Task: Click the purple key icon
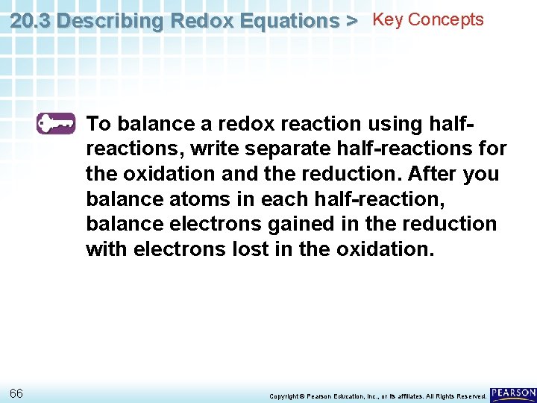point(56,123)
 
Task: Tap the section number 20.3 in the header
point(31,22)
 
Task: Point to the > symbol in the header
point(351,22)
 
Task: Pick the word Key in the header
point(386,20)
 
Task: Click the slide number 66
point(16,393)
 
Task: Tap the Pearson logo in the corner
point(513,393)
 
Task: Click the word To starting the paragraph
point(99,124)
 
